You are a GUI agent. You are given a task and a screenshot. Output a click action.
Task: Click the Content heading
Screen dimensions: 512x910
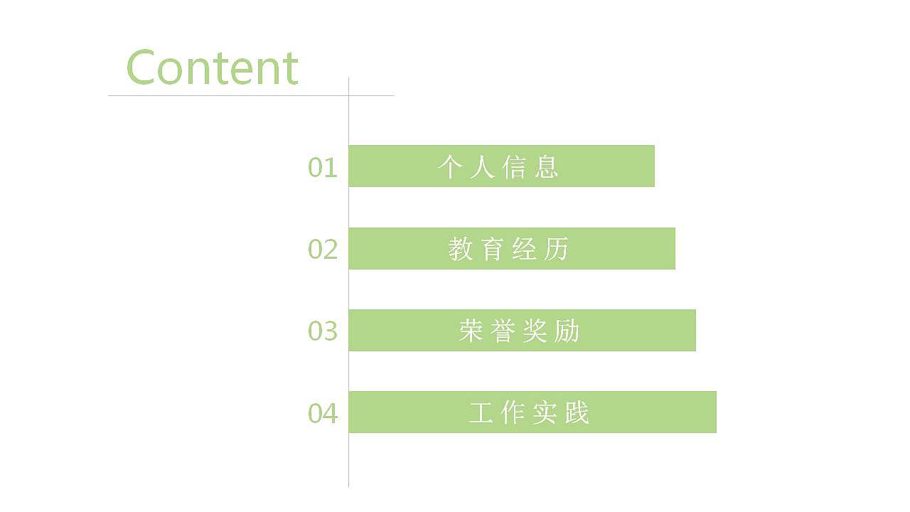[x=212, y=68]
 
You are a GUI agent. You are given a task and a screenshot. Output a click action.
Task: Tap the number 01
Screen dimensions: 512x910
[x=322, y=168]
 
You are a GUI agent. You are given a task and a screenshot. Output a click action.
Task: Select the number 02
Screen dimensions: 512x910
[x=322, y=250]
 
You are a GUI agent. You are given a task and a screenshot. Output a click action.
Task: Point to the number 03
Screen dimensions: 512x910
[x=322, y=331]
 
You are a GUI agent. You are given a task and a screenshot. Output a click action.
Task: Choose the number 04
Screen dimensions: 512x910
[x=322, y=413]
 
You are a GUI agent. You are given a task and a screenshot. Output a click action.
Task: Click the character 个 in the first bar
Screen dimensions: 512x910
[x=450, y=166]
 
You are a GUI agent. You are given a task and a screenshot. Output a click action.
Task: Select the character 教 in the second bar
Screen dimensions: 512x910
[x=461, y=249]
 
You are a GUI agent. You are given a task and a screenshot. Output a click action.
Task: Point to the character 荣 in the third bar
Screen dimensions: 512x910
[x=471, y=331]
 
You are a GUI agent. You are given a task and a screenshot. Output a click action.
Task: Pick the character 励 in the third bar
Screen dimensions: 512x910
[x=567, y=331]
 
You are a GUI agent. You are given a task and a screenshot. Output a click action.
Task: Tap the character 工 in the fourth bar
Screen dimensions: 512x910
[x=481, y=412]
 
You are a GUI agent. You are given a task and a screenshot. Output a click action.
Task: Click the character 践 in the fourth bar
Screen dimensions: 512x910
[x=577, y=412]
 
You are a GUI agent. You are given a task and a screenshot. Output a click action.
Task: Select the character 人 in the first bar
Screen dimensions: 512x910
[x=482, y=166]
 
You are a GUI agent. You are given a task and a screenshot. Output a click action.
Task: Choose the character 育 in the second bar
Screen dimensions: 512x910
[x=493, y=249]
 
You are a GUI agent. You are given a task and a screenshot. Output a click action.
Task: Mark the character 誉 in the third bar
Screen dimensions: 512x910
[x=503, y=331]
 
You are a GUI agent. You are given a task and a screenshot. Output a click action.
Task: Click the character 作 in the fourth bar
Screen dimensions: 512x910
[x=513, y=412]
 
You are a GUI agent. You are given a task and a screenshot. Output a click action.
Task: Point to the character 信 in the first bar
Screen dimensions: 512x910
[x=514, y=166]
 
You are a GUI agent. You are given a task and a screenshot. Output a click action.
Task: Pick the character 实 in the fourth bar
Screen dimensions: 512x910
[x=545, y=412]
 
